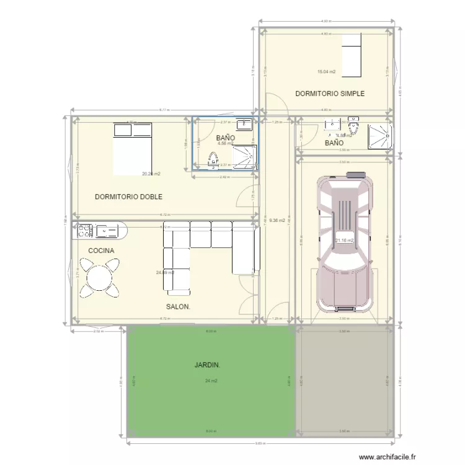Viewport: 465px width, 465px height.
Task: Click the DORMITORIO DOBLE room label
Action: tap(128, 197)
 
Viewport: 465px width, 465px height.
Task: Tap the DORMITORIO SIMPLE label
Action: tap(330, 94)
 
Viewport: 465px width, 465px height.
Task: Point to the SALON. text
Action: tap(179, 307)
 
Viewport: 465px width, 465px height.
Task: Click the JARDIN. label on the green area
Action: tap(207, 365)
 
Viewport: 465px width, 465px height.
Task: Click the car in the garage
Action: tap(344, 242)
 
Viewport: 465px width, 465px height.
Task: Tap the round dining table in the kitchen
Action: tap(99, 277)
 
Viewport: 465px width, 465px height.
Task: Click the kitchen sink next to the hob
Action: tap(108, 231)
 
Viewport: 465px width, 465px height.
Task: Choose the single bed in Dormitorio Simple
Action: tap(352, 52)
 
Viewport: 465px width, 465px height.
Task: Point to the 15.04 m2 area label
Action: tap(326, 72)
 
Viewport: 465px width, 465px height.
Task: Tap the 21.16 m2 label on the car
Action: tap(344, 241)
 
